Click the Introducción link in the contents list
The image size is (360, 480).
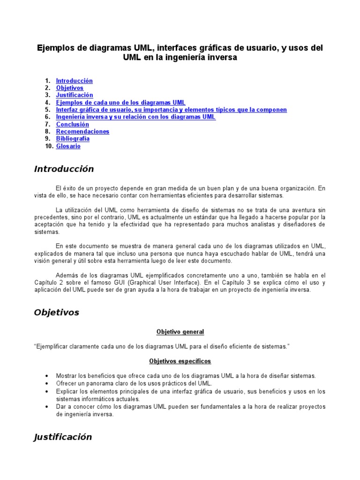pyautogui.click(x=74, y=81)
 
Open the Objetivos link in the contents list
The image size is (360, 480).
pyautogui.click(x=69, y=88)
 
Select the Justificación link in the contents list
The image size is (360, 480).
pyautogui.click(x=75, y=95)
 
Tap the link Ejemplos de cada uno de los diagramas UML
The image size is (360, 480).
pyautogui.click(x=120, y=102)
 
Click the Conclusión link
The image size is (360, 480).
pyautogui.click(x=72, y=124)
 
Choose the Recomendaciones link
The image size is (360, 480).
pyautogui.click(x=82, y=131)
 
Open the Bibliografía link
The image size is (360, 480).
pyautogui.click(x=73, y=139)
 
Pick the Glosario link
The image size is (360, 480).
pyautogui.click(x=68, y=146)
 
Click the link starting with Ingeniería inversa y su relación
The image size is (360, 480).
pyautogui.click(x=135, y=117)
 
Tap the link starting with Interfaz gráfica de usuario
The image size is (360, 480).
pyautogui.click(x=171, y=110)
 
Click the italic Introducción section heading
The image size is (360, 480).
pyautogui.click(x=64, y=169)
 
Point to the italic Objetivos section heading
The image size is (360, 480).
pyautogui.click(x=57, y=313)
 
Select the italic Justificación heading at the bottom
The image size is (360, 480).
pyautogui.click(x=63, y=437)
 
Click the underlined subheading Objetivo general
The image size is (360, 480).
pyautogui.click(x=180, y=332)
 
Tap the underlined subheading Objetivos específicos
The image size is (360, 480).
pyautogui.click(x=180, y=361)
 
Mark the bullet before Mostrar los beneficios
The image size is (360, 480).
pyautogui.click(x=47, y=376)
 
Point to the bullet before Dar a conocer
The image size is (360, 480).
pyautogui.click(x=47, y=407)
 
